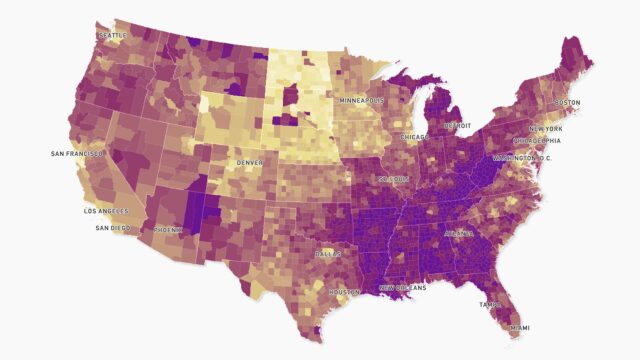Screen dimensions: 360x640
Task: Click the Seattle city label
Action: tap(112, 36)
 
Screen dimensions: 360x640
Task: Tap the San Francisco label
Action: tap(76, 154)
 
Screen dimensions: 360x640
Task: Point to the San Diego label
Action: tap(113, 228)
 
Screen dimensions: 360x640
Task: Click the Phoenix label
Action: tap(168, 229)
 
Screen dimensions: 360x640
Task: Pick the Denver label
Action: tap(250, 162)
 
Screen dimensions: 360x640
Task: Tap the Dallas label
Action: tap(327, 254)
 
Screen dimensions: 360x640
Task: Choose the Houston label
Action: tap(344, 292)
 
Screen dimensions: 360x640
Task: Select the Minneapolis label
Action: tap(361, 101)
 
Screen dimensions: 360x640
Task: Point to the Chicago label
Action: tap(415, 136)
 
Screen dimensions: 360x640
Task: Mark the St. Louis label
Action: tap(393, 179)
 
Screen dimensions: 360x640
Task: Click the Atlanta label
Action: tap(459, 234)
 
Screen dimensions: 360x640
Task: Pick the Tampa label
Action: tap(490, 304)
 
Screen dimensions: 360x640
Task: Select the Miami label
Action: tap(518, 327)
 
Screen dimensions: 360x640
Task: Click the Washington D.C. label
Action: tap(522, 159)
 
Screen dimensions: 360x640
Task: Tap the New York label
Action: tap(545, 129)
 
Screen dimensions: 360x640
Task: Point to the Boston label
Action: tap(567, 103)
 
